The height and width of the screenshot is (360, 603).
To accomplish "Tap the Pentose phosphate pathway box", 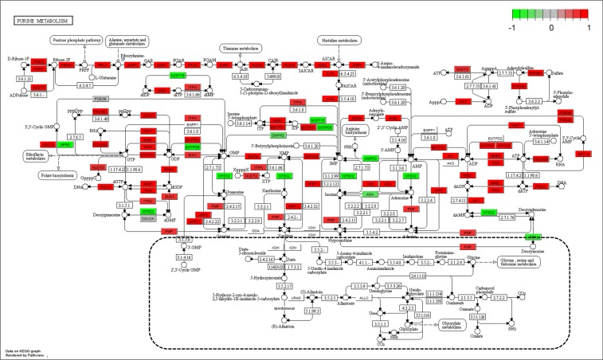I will [x=77, y=40].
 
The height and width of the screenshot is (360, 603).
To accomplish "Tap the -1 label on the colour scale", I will [x=515, y=27].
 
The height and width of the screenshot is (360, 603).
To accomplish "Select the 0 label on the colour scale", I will [x=552, y=27].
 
